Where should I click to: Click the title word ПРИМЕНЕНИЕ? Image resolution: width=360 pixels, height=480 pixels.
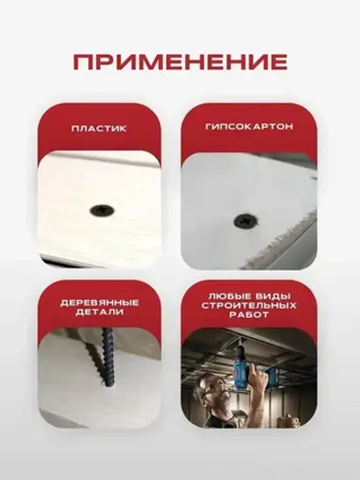(180, 62)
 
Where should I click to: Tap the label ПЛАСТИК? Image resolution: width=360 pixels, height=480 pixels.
(99, 129)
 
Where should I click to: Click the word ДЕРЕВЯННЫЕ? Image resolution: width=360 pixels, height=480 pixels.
(99, 301)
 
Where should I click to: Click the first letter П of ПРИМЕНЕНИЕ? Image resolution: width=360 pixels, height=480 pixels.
(83, 62)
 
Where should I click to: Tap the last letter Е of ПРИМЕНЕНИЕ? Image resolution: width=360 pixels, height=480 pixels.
(279, 62)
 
